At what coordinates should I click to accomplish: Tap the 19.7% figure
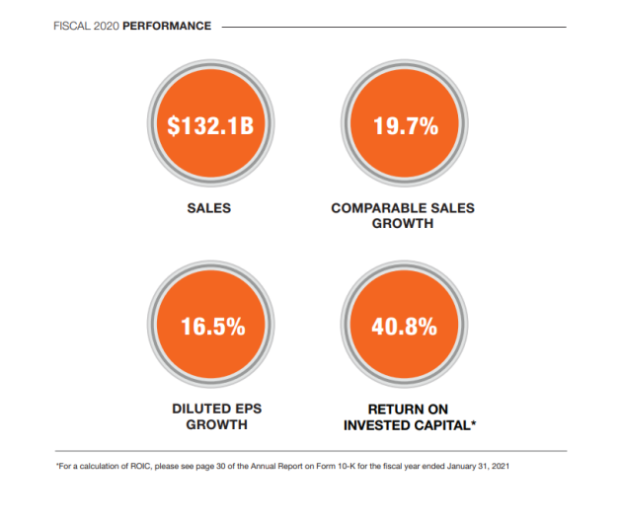pyautogui.click(x=403, y=127)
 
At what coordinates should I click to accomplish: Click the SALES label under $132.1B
pyautogui.click(x=208, y=209)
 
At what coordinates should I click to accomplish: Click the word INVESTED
pyautogui.click(x=375, y=424)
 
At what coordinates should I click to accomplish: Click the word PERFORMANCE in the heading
pyautogui.click(x=167, y=26)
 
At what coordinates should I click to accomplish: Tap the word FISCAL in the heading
pyautogui.click(x=70, y=26)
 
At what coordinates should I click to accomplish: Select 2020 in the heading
pyautogui.click(x=108, y=26)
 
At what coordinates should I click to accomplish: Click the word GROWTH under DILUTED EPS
pyautogui.click(x=209, y=424)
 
